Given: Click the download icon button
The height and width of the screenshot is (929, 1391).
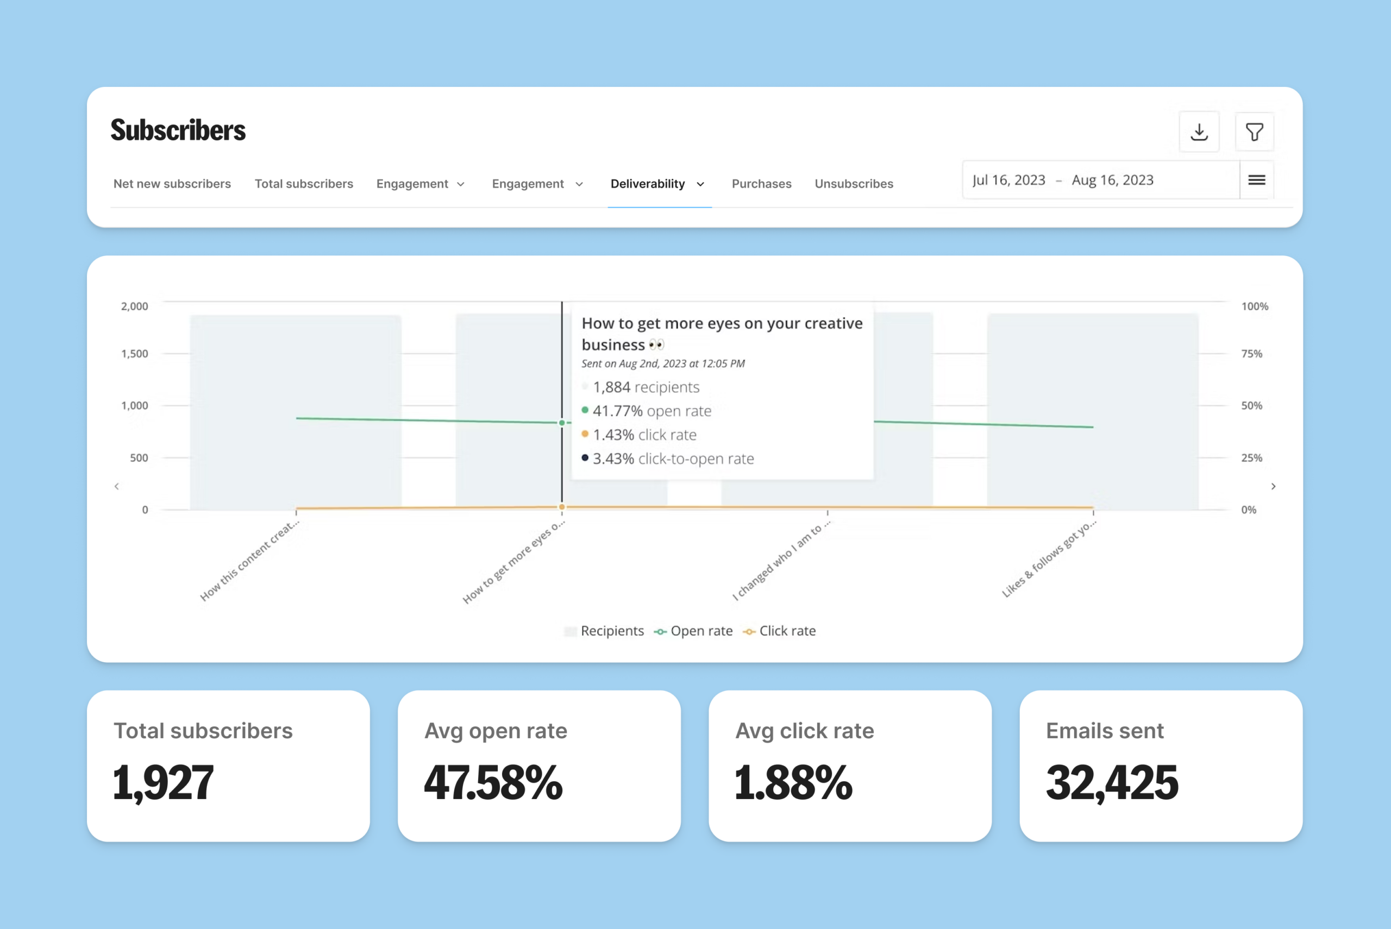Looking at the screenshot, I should coord(1199,131).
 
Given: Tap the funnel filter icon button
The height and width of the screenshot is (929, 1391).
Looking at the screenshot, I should coord(1254,131).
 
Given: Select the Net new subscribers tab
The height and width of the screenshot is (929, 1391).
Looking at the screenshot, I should coord(172,184).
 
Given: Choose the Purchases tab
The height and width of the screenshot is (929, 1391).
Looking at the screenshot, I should coord(761,184).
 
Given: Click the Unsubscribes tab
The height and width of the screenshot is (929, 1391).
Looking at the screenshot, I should coord(854,184).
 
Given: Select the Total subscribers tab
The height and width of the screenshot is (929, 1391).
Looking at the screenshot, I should coord(304,184).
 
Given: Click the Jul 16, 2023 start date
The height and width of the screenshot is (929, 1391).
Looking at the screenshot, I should coord(1008,180).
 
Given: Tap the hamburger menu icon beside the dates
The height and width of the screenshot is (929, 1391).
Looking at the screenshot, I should coord(1257,180).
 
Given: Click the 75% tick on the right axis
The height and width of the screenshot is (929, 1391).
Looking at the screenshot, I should coord(1251,354).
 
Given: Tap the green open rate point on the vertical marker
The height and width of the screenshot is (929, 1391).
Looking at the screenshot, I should coord(562,423).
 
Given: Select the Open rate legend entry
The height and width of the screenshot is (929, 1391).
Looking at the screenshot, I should coord(694,631).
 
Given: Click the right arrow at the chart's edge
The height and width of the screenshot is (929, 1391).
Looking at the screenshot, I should coord(1273,486).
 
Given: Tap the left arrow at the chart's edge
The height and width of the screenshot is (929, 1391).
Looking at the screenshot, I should coord(117,486).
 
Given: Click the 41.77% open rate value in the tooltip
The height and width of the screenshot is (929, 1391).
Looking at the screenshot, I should coord(617,411).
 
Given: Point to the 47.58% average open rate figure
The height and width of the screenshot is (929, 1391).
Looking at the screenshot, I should coord(493,783).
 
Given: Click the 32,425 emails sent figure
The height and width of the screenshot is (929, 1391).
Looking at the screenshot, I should coord(1112,783).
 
